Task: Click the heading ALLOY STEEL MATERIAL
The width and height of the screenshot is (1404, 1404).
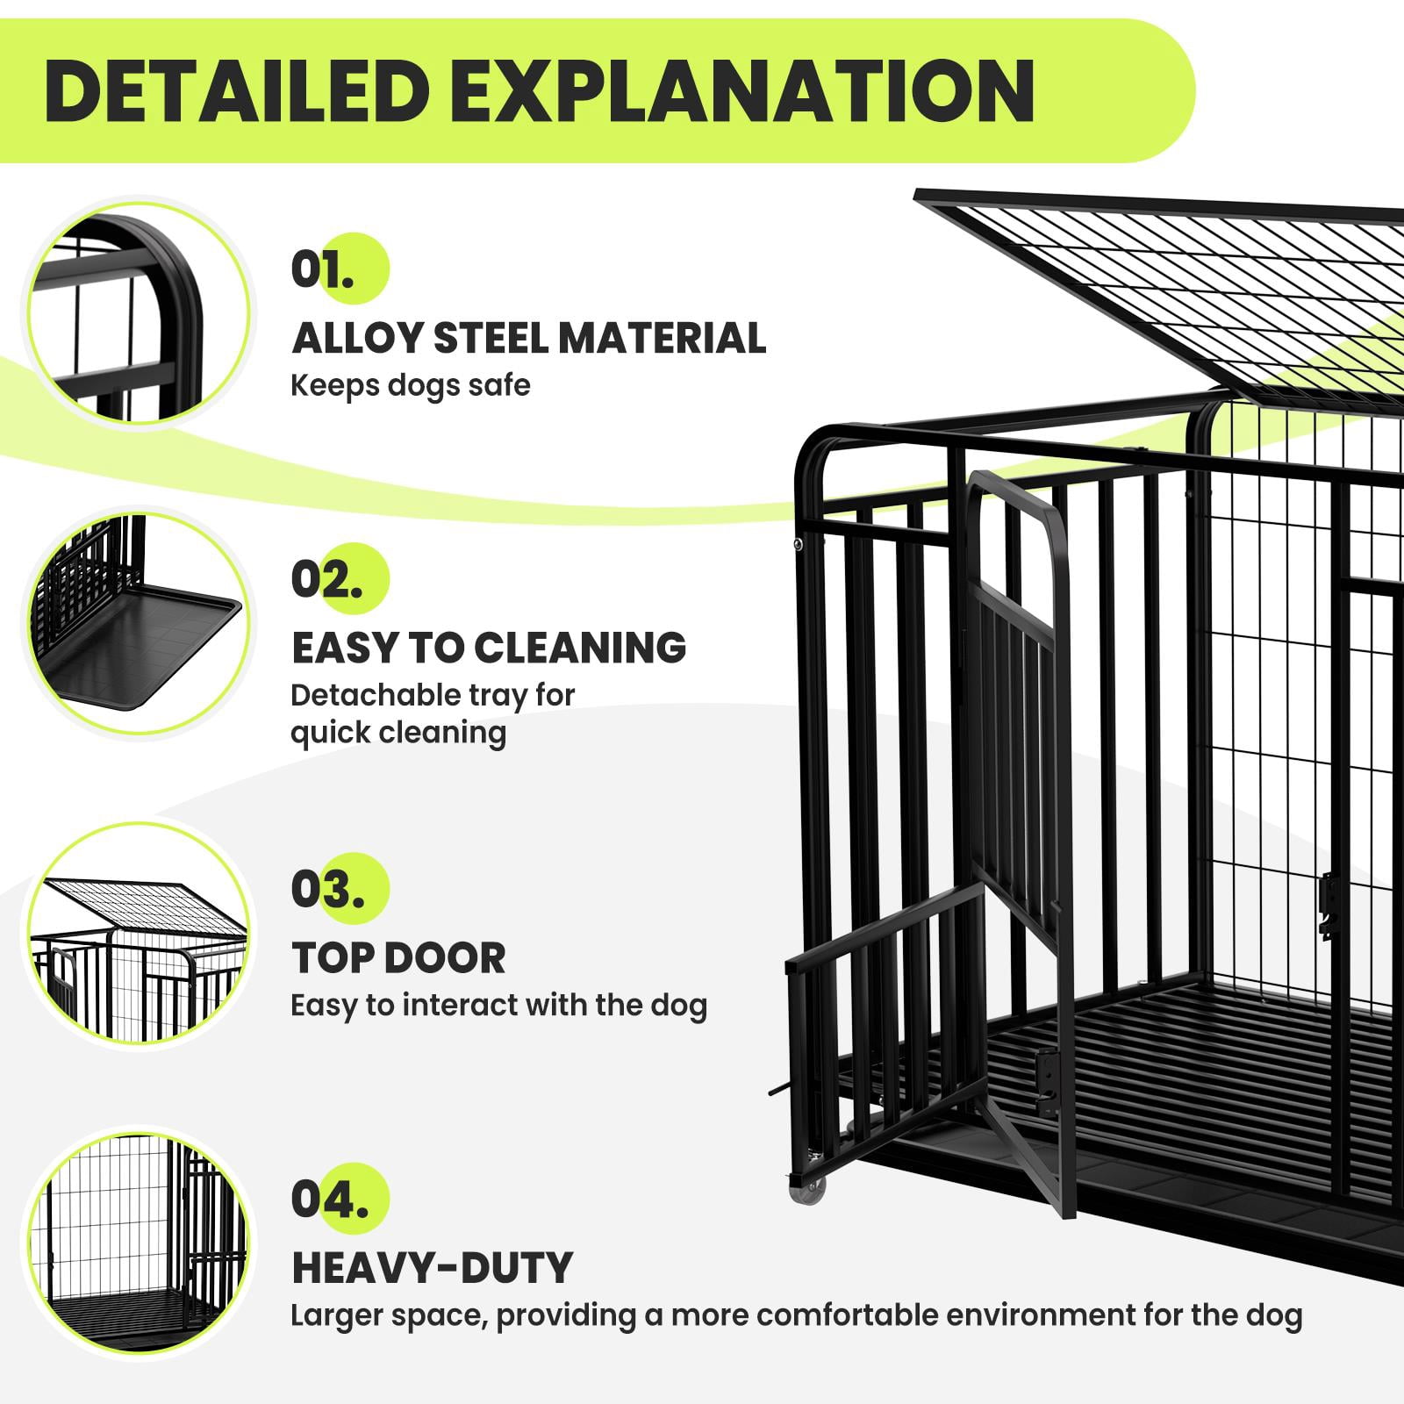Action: pos(529,339)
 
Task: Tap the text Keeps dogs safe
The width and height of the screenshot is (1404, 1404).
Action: pos(411,385)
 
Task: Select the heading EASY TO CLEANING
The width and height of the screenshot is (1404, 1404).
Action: pos(489,648)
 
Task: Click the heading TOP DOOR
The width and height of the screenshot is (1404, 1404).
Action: pos(398,957)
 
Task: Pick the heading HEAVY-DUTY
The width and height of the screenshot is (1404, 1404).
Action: pos(432,1267)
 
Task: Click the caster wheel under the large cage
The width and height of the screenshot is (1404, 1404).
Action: pos(812,1186)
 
